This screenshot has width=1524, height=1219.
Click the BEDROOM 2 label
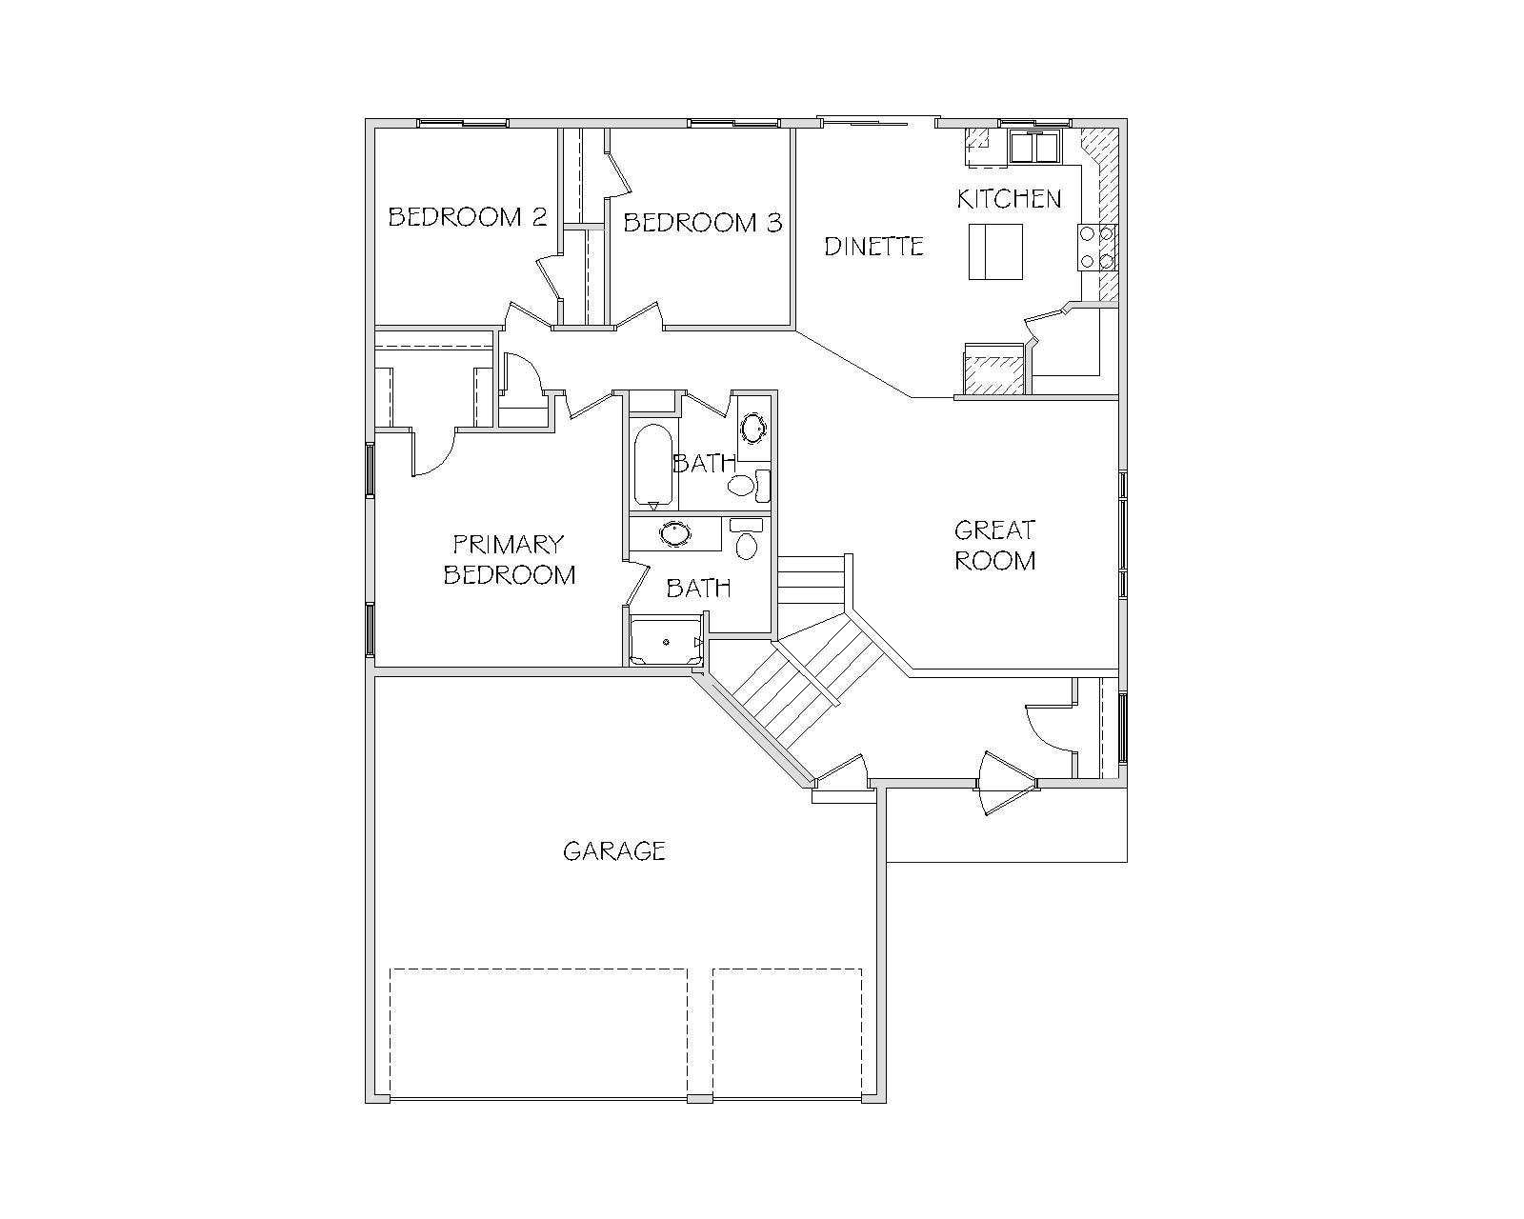click(468, 217)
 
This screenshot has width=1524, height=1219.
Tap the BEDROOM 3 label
click(703, 223)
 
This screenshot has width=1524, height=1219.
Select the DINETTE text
click(873, 247)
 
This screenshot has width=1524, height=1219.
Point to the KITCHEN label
click(1009, 199)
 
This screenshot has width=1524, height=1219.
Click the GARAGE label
click(614, 850)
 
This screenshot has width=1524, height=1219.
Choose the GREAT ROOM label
click(995, 546)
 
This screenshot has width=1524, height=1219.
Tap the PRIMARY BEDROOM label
click(510, 560)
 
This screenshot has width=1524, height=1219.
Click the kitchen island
click(995, 251)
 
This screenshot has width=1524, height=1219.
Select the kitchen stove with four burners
click(1097, 248)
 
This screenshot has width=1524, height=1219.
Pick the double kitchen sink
click(1034, 147)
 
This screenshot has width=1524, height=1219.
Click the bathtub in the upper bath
click(652, 466)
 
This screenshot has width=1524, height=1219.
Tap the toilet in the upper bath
click(749, 486)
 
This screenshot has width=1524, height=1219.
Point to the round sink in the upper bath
click(752, 427)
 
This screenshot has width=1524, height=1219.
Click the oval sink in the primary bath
click(674, 534)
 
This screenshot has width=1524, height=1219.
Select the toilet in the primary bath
click(747, 539)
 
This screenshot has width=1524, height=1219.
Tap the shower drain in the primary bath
click(667, 643)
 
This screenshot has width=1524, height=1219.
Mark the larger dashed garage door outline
click(538, 1033)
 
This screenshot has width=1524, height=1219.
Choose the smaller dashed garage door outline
click(788, 1033)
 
